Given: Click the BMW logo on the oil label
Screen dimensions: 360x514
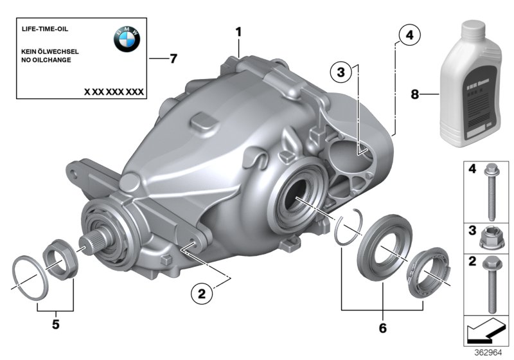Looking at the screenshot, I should [127, 40].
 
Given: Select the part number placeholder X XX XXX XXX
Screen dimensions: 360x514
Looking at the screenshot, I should [114, 92].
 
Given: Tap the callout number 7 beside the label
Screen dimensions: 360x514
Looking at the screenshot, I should [173, 59].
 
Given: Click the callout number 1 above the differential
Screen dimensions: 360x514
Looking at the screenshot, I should [238, 31].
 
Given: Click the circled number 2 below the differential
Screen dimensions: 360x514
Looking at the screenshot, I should [201, 294].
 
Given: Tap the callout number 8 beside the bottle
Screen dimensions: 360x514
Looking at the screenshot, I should [414, 94].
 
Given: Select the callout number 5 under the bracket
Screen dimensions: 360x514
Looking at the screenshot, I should [55, 325].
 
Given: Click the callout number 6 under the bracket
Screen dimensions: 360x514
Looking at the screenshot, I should [383, 328].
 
